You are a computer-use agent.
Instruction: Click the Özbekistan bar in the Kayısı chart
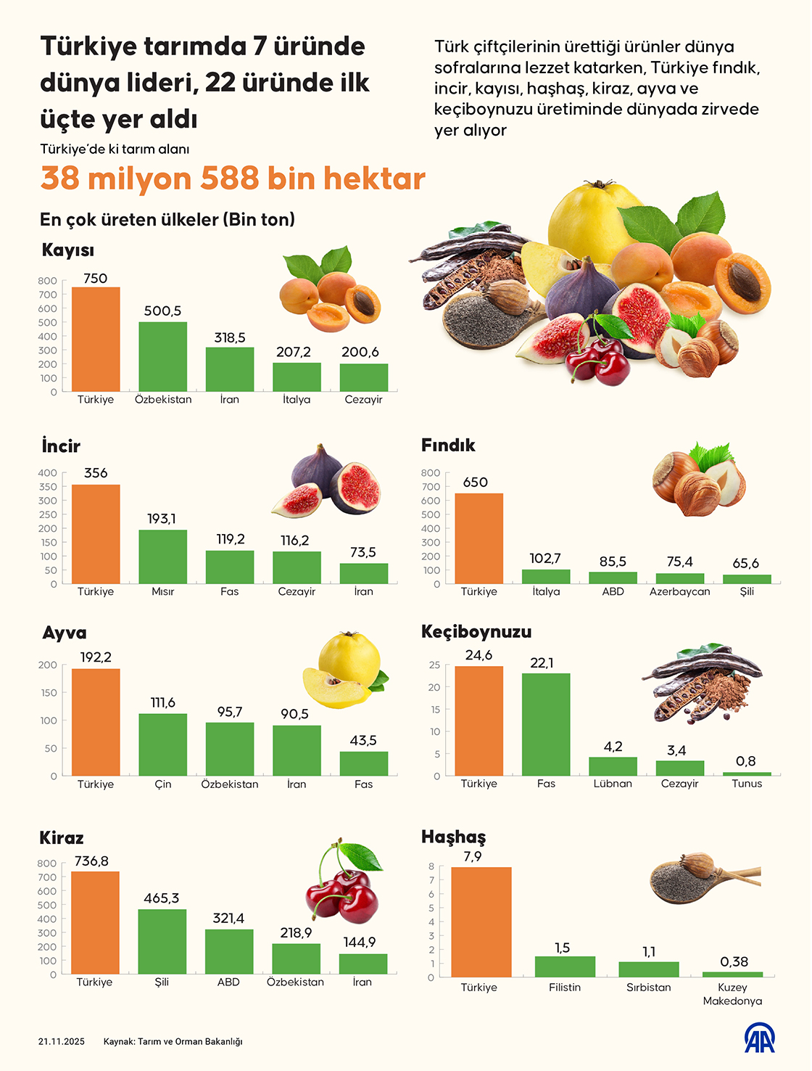coord(162,356)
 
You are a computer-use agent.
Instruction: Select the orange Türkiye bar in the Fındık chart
coord(478,538)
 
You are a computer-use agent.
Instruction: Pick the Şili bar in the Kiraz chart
coord(162,941)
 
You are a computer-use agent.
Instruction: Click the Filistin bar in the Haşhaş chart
coord(565,967)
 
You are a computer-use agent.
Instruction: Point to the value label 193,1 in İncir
coord(162,519)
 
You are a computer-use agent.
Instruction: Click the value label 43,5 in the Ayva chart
coord(363,740)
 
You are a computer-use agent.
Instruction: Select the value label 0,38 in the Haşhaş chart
coord(734,961)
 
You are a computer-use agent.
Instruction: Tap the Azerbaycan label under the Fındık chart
coord(679,591)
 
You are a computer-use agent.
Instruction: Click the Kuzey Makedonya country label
coord(732,994)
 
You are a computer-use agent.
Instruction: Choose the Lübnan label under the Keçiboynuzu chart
coord(613,784)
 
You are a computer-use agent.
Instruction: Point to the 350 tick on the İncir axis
coord(47,487)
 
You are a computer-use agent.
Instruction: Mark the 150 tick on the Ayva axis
coord(48,693)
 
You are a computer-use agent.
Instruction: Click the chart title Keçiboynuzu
coord(476,632)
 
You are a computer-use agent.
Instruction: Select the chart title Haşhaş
coord(454,837)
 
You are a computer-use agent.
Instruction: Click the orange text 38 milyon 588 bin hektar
coord(233,178)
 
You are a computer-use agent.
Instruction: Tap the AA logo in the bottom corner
coord(759,1038)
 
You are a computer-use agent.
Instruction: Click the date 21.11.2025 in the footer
coord(62,1041)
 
